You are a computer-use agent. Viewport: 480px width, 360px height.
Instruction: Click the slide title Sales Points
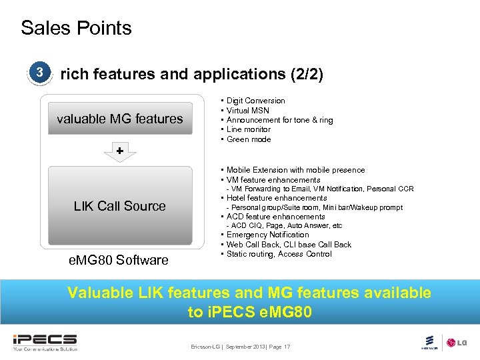coord(76,28)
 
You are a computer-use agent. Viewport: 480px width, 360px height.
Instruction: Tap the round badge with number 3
coord(40,72)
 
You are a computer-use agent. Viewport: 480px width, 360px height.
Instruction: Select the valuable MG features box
coord(120,119)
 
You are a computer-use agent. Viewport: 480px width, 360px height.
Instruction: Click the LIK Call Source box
coord(120,206)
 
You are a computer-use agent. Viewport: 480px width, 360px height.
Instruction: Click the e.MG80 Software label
coord(119,259)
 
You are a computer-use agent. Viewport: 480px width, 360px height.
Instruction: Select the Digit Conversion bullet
coord(255,101)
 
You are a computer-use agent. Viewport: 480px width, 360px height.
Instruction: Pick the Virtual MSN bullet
coord(247,111)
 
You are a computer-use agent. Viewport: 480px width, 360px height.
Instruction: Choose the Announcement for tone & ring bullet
coord(279,120)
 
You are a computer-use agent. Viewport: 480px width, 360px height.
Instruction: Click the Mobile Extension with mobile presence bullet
coord(295,170)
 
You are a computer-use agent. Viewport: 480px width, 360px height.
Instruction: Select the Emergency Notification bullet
coord(267,235)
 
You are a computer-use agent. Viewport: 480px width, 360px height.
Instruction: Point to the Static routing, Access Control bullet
coord(279,254)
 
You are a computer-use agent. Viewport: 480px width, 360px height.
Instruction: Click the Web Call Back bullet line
coord(289,245)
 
